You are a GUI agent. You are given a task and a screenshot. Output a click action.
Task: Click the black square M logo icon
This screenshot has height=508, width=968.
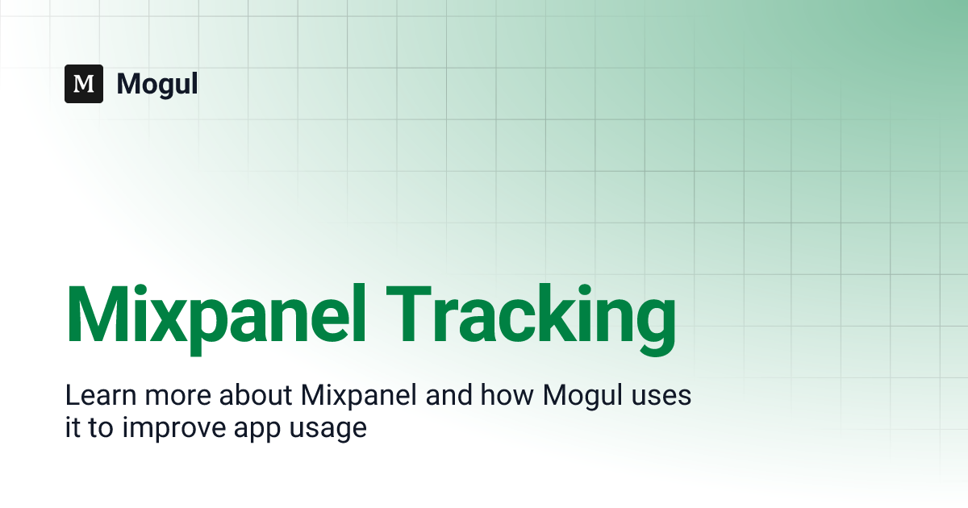tap(84, 84)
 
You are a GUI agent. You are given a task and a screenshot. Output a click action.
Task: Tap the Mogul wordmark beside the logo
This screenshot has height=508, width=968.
tap(157, 85)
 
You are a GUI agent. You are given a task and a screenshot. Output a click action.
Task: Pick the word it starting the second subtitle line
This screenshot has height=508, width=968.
tap(71, 427)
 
